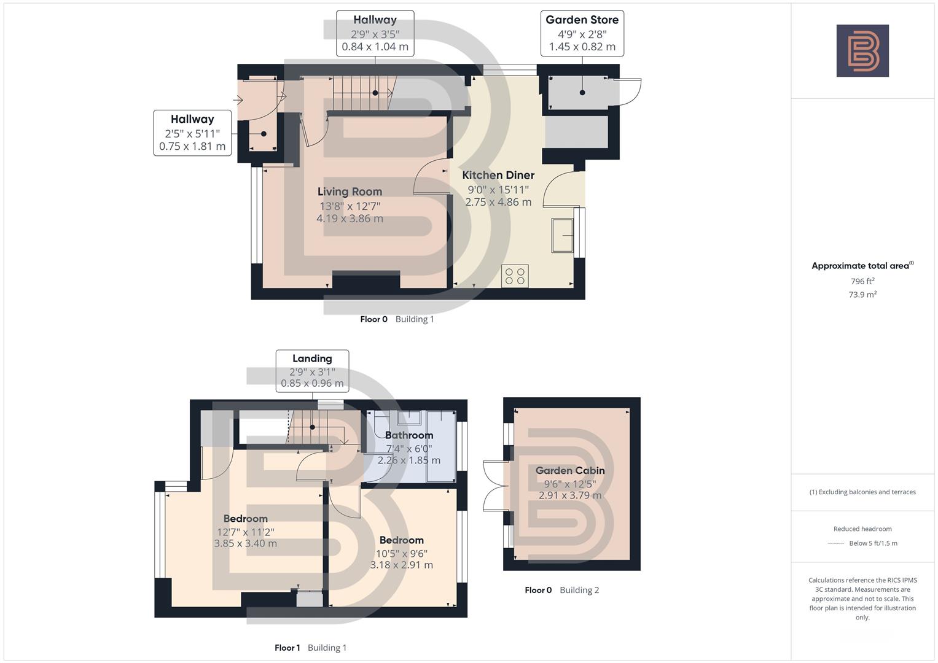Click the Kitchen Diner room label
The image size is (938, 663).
pos(498,176)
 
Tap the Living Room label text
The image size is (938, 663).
pos(350,192)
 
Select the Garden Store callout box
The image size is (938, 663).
pos(582,33)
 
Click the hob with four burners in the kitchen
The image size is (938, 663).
pos(515,276)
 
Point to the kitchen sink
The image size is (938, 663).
pos(562,235)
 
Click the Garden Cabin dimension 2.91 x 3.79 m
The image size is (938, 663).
pos(570,495)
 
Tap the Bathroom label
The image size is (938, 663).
pos(409,435)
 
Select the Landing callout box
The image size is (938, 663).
pos(312,371)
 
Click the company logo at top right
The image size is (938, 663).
pos(862,51)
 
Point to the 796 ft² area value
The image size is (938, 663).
pos(862,281)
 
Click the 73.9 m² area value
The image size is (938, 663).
pos(862,295)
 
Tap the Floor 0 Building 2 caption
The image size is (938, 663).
pos(561,590)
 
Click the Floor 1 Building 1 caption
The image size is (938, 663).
pos(310,648)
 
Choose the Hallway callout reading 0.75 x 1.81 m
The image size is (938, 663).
pos(192,133)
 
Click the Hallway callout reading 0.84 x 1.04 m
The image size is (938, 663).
pos(375,33)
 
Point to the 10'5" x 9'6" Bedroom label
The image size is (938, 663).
pos(401,552)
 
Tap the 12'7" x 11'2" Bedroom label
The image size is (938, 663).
pos(245,531)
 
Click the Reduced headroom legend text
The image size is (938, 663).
pos(862,529)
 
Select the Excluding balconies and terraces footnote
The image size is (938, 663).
pos(862,492)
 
